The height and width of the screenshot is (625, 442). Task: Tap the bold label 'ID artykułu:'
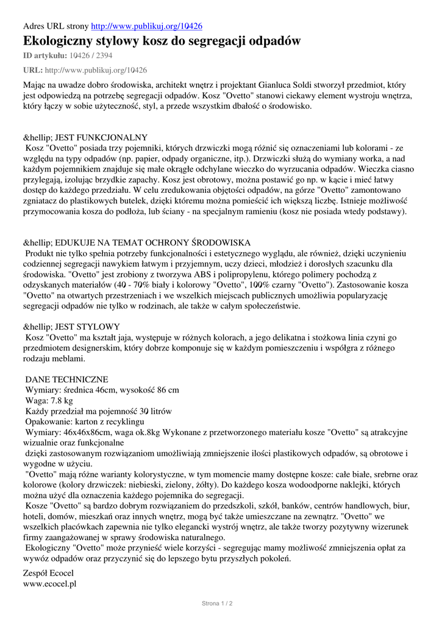[45, 56]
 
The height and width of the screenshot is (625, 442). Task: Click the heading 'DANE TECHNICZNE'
[67, 379]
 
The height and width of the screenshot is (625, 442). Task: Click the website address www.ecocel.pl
[49, 583]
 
